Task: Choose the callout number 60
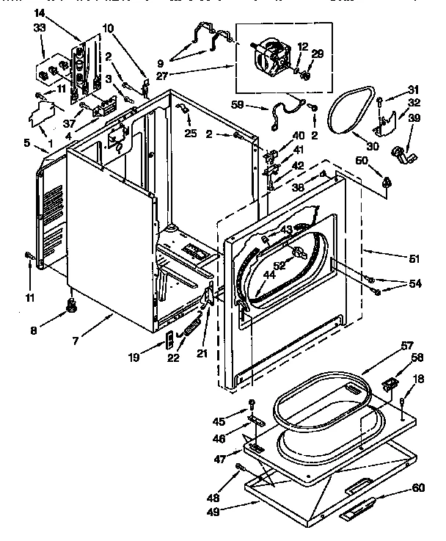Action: click(417, 487)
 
